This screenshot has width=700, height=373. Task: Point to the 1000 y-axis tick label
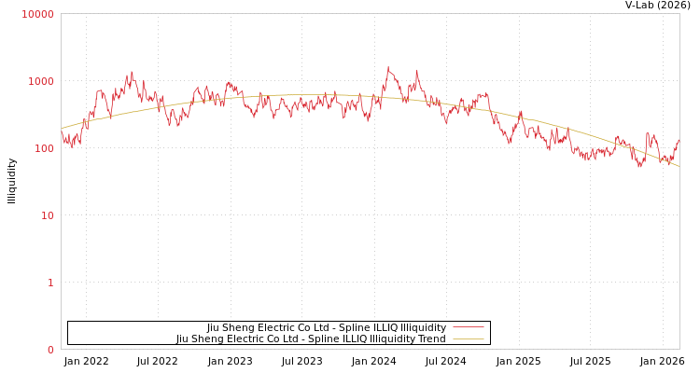click(x=40, y=81)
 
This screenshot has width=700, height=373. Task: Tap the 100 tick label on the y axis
click(x=43, y=148)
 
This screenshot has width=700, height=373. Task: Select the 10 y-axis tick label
click(x=46, y=215)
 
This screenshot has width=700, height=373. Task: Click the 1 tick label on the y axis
click(x=50, y=283)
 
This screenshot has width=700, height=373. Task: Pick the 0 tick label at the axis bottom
click(x=50, y=350)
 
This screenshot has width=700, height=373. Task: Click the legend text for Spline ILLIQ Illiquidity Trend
click(x=311, y=339)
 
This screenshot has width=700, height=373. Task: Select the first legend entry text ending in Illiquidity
click(x=327, y=328)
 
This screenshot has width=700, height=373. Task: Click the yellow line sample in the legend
click(x=468, y=339)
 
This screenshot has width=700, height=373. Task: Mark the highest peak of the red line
click(x=388, y=67)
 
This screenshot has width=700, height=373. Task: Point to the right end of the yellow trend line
click(x=679, y=166)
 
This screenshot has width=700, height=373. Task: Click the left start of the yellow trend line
click(x=62, y=129)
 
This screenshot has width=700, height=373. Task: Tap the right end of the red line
click(x=679, y=140)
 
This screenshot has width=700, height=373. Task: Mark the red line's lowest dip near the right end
click(x=640, y=166)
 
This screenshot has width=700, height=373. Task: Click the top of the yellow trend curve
click(x=308, y=94)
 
